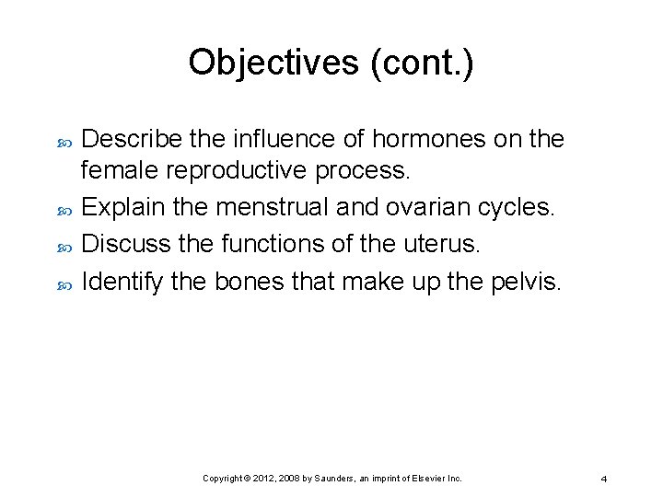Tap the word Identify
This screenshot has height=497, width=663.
click(122, 282)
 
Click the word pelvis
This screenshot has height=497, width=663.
click(525, 282)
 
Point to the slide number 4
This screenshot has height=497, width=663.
click(603, 480)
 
